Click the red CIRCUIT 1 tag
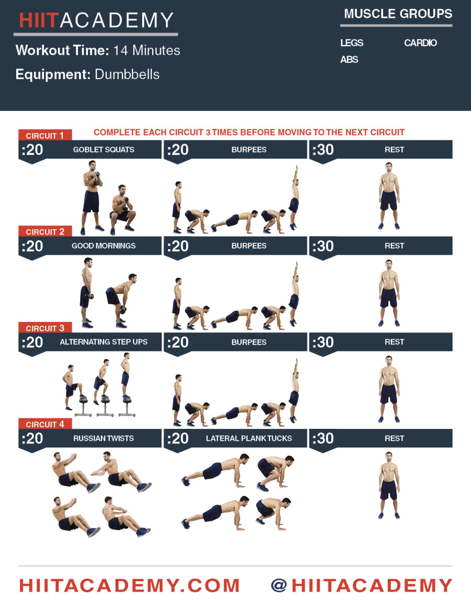coord(45,136)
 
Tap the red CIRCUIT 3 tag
coord(45,328)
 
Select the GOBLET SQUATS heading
coord(104,150)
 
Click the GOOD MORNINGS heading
coord(104,246)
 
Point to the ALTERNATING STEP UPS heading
coord(104,342)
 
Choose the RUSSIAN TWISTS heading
coord(104,438)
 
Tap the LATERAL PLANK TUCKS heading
coord(249,438)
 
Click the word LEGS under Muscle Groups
coord(352,43)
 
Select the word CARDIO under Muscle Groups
coord(420,43)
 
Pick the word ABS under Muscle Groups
coord(349,60)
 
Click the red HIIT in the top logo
coord(39,20)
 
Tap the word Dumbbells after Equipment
coord(127,74)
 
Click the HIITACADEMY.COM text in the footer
coord(129,585)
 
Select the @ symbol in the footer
coord(279,585)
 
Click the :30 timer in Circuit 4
coord(323,438)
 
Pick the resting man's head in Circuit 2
coord(388,264)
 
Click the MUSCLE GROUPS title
coord(398,14)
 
